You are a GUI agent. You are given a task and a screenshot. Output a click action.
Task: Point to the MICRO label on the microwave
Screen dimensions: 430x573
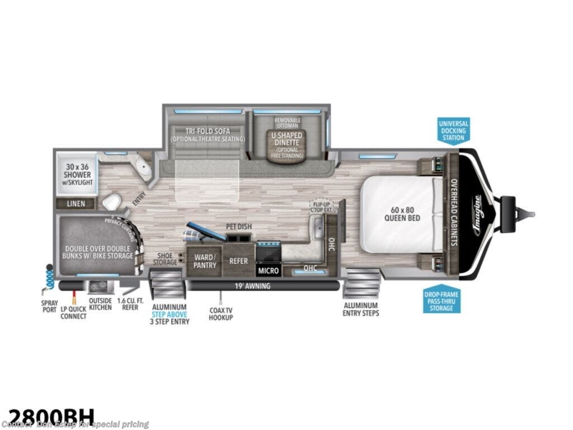click(x=267, y=270)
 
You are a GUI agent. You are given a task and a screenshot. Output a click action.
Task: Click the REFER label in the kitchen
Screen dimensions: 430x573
click(x=238, y=261)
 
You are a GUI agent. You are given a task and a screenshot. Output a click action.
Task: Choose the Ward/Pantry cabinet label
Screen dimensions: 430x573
click(x=204, y=261)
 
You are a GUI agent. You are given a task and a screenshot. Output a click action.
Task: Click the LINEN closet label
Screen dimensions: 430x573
click(x=76, y=203)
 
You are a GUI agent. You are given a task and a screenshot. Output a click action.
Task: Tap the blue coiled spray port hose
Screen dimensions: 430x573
click(x=50, y=275)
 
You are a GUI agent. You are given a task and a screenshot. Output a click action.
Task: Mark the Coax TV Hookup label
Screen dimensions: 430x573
click(x=220, y=314)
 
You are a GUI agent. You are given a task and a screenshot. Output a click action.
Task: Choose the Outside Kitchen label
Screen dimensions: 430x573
click(x=100, y=303)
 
